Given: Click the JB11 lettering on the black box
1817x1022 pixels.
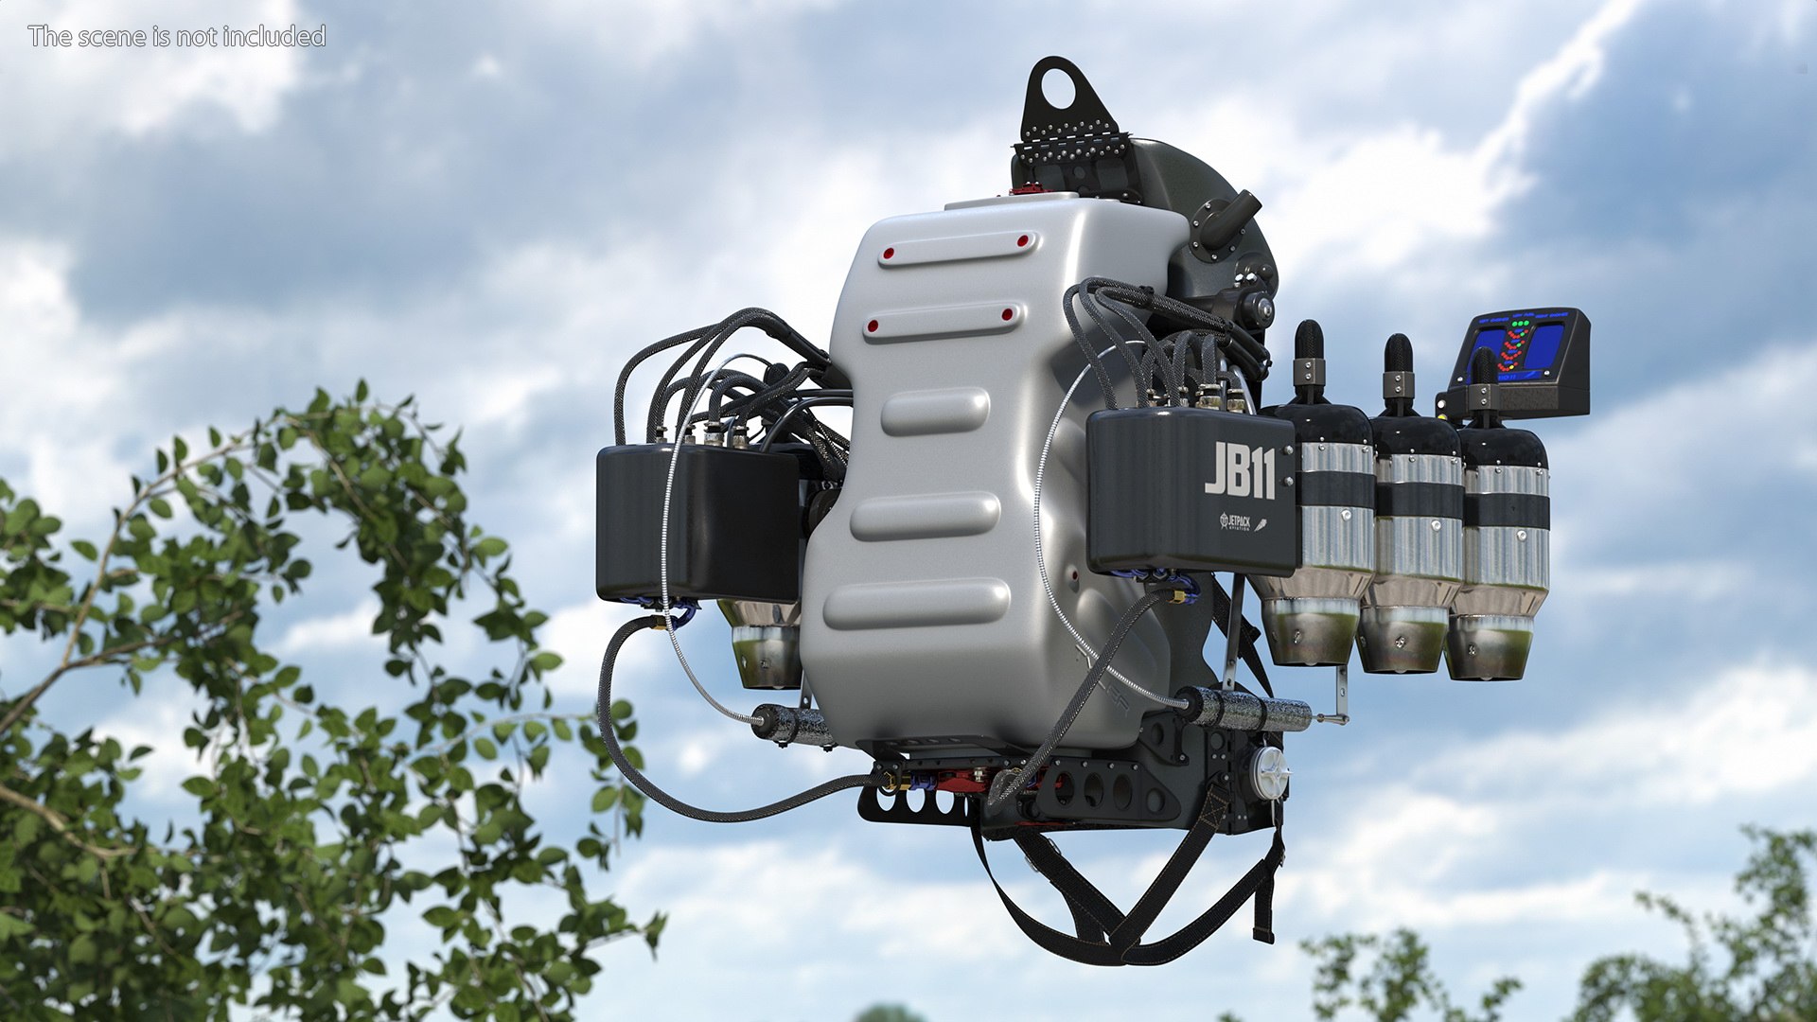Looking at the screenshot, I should coord(1240,469).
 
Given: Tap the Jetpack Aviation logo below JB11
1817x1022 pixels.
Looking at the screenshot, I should coord(1242,522).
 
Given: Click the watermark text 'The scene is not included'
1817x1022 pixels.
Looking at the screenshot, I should coord(177,36).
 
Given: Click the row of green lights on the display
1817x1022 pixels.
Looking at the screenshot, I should coord(1521,325).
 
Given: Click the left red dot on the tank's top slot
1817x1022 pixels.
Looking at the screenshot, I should coord(889,254).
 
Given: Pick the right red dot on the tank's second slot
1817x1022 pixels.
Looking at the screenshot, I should coord(1007,314).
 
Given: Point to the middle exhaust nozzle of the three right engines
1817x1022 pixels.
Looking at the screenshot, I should coord(1399,641).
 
